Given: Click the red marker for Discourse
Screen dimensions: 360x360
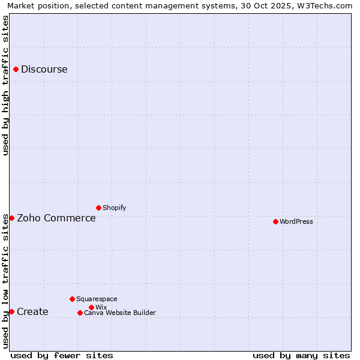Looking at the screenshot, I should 16,69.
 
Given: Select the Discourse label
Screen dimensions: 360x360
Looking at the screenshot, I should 44,69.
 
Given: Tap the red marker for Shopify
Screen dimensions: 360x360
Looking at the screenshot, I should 98,208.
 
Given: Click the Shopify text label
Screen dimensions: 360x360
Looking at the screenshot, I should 114,208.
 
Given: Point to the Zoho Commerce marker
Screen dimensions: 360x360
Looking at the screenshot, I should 11,218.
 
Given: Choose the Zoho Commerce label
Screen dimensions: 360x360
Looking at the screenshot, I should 56,218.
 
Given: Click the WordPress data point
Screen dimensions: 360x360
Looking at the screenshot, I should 275,221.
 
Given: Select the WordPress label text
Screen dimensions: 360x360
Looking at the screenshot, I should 296,221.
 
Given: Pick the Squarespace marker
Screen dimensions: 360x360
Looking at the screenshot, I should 72,299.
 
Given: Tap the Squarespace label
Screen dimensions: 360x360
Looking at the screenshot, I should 97,299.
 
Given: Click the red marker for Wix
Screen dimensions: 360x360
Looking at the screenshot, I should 91,307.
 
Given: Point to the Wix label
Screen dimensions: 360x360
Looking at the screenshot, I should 101,307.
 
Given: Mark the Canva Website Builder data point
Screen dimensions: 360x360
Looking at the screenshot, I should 80,313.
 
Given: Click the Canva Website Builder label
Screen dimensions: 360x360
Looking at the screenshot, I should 119,313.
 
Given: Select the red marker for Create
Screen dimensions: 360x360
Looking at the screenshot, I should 11,311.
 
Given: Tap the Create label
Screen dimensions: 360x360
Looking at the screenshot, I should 32,311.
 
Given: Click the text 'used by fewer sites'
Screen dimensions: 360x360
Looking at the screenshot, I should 62,355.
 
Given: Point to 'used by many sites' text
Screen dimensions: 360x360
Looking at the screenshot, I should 301,355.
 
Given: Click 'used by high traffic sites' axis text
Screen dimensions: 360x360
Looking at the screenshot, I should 6,85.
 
